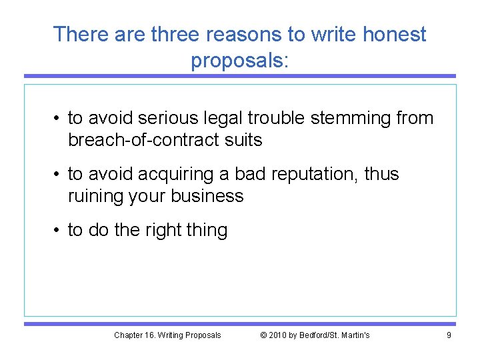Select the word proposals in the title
(237, 61)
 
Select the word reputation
(309, 175)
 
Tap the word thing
(208, 231)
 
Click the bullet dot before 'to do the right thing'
(58, 231)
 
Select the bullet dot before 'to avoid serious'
(58, 119)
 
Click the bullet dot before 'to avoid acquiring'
(58, 175)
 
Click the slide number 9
(449, 335)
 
